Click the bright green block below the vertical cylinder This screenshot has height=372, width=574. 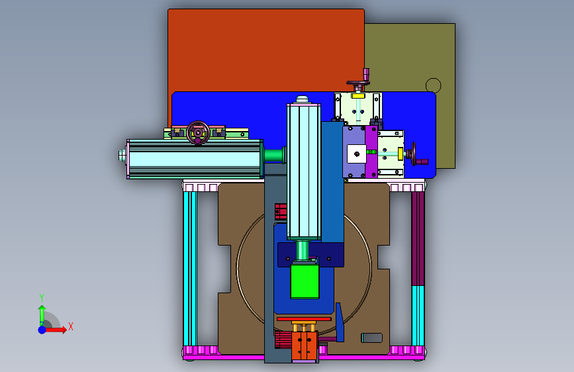305,281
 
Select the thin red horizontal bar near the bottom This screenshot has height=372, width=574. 304,319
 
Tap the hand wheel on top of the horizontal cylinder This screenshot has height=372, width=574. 198,132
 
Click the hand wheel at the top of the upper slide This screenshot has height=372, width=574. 358,84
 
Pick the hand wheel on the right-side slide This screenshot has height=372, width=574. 414,154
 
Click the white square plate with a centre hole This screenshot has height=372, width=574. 357,154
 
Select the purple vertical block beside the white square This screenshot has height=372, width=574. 371,152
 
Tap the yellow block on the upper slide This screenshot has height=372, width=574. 358,96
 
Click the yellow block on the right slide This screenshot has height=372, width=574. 401,154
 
